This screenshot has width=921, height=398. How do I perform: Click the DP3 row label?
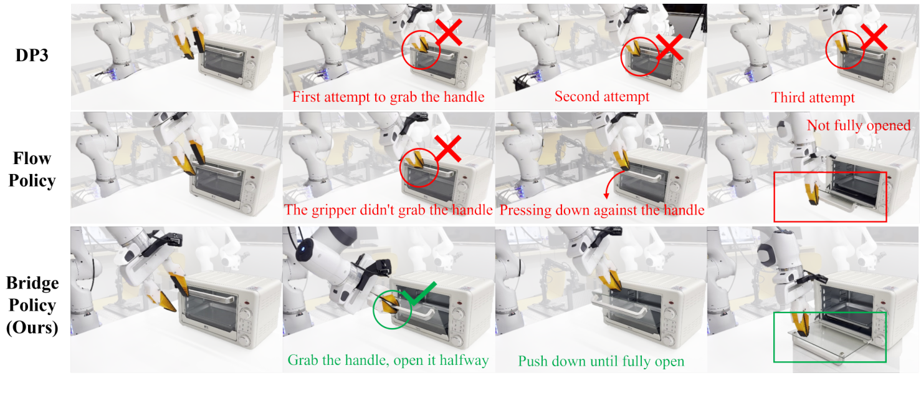tap(32, 55)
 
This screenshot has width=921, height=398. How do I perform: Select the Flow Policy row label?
tap(32, 169)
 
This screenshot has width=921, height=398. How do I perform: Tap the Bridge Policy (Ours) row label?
tap(32, 305)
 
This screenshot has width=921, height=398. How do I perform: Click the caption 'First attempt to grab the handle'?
tap(388, 97)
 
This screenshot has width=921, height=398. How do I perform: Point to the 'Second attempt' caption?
tap(601, 96)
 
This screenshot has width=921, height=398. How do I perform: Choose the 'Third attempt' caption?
tap(813, 97)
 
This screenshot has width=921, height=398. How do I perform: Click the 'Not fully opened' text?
tap(859, 125)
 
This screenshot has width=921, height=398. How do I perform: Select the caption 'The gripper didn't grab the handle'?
tap(388, 210)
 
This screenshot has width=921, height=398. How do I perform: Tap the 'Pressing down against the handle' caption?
tap(601, 210)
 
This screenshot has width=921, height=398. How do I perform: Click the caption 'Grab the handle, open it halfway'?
tap(388, 360)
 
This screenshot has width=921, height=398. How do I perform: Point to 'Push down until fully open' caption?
tap(601, 361)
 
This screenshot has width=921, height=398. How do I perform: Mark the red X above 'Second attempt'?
tap(669, 47)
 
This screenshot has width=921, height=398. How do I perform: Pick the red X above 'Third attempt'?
tap(874, 37)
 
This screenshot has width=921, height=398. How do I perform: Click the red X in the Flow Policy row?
tap(448, 148)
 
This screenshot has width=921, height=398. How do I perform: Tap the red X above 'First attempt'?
tap(449, 32)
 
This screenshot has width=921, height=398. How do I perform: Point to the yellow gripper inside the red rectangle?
tap(811, 193)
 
